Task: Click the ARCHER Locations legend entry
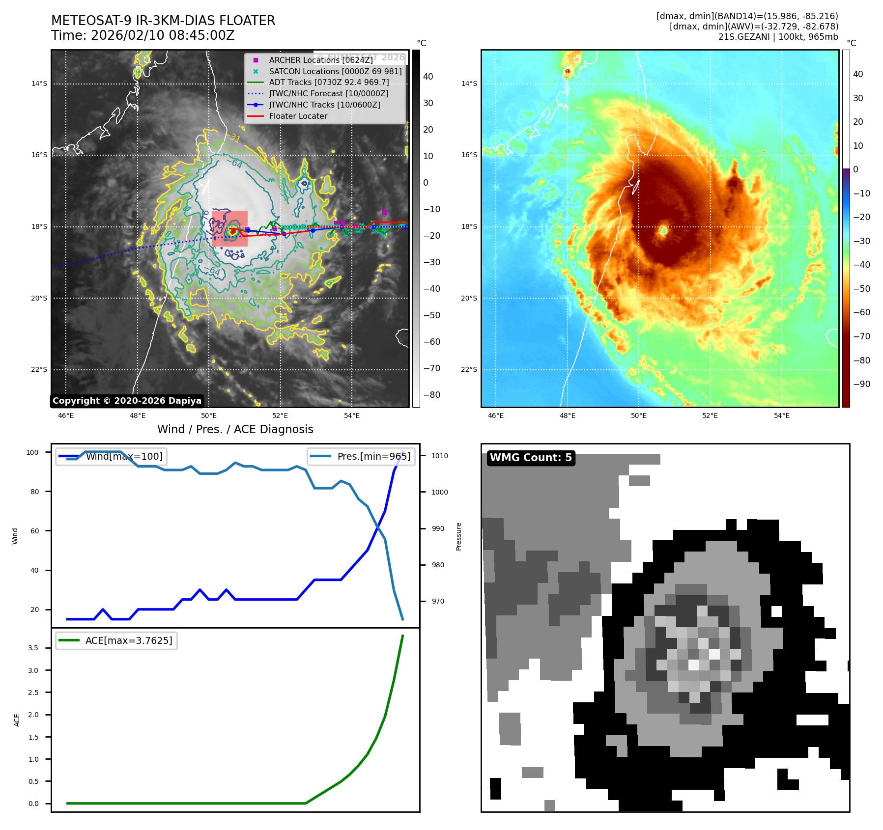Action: coord(320,60)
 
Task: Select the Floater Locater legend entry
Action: coord(298,116)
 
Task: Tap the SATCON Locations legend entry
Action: coord(335,71)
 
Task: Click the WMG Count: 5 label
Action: coord(531,458)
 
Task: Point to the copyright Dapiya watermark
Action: coord(127,401)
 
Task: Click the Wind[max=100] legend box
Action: coord(112,456)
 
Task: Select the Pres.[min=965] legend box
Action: coord(361,456)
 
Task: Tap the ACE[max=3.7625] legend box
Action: coord(116,640)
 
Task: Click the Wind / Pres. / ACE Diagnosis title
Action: coord(235,429)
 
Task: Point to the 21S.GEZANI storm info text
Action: coord(778,37)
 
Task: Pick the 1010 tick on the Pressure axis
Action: coord(439,456)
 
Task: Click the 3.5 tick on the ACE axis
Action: coord(33,648)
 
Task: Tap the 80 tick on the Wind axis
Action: coord(34,492)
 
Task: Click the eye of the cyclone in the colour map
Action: coord(663,230)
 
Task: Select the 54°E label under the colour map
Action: coord(781,415)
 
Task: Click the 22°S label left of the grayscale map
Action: coord(39,369)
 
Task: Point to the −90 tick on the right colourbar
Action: coord(861,384)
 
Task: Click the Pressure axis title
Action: coord(458,536)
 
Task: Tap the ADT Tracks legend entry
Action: coord(328,83)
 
